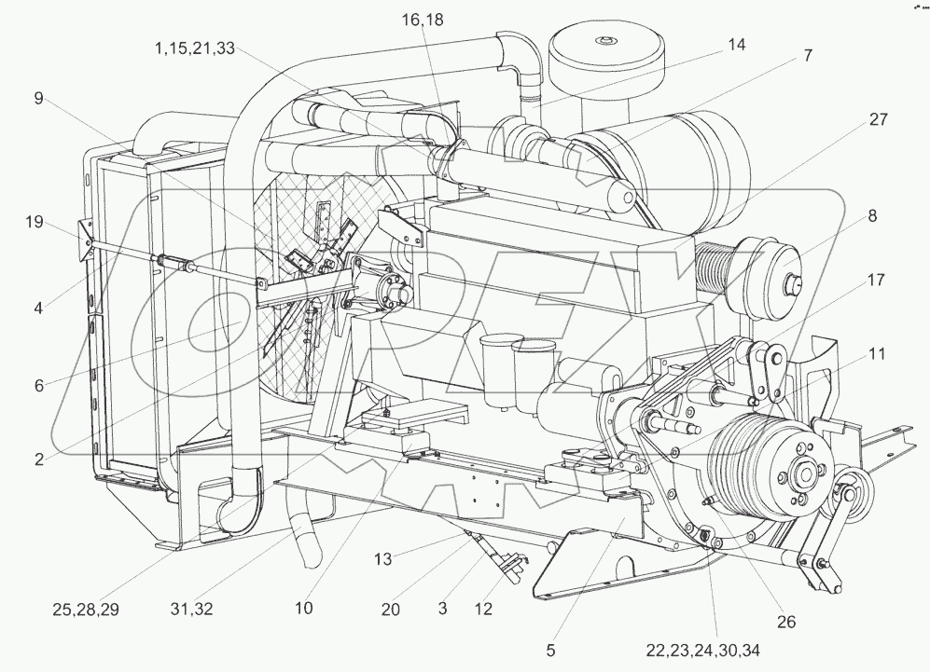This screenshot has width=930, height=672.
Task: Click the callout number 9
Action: point(39,97)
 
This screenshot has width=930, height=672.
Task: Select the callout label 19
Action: point(34,222)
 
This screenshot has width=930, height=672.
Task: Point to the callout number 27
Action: point(878,119)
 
